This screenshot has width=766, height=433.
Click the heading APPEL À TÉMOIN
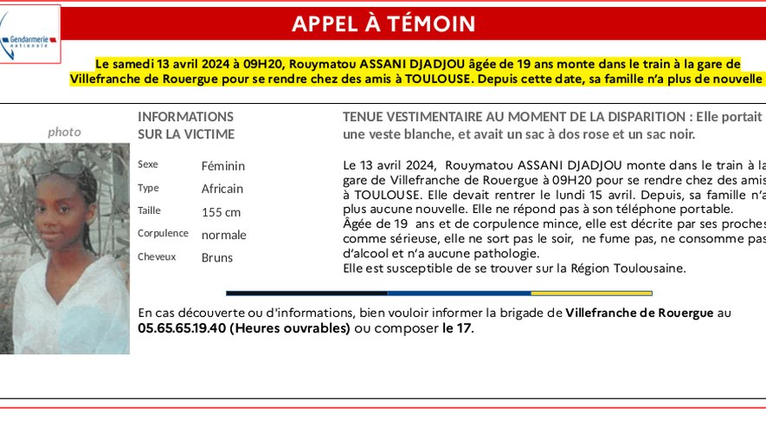tap(383, 24)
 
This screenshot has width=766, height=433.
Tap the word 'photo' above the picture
tap(64, 132)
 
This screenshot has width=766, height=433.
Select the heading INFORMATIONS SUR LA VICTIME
tap(185, 125)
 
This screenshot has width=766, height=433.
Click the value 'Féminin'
tap(223, 165)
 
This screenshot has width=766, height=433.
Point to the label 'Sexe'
tap(148, 165)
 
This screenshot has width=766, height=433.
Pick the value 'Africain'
tap(222, 188)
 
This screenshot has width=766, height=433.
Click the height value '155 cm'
tap(221, 211)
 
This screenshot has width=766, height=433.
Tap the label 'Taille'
tap(149, 210)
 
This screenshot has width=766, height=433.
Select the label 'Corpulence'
tap(163, 233)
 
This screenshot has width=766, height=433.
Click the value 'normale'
tap(224, 235)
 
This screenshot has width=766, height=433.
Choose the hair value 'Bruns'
tap(217, 257)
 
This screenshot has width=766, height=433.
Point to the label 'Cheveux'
tap(157, 256)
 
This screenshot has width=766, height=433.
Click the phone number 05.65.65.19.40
tap(182, 328)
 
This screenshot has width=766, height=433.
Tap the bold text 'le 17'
tap(457, 328)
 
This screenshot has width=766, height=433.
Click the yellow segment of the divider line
tap(603, 293)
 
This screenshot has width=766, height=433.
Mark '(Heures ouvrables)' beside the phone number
tap(290, 328)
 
